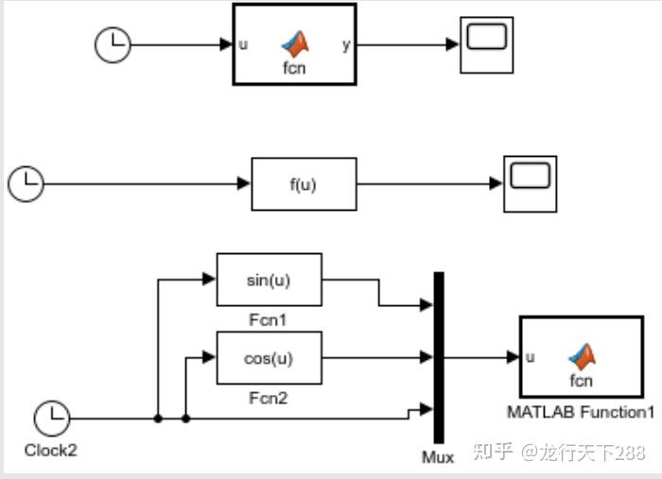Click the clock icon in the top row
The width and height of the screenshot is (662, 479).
[113, 44]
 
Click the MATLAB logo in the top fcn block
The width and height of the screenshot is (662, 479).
[296, 43]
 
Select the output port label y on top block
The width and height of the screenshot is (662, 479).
[344, 44]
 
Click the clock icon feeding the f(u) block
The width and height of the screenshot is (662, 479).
[26, 183]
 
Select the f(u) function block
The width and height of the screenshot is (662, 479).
[304, 184]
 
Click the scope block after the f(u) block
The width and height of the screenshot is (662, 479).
[530, 184]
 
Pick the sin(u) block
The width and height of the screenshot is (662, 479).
[270, 280]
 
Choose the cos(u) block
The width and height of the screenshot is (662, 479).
[270, 358]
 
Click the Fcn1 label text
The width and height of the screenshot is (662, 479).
[269, 320]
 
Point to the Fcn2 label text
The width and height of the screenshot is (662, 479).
[269, 398]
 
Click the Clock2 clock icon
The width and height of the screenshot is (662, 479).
[51, 418]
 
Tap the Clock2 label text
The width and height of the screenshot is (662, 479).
[51, 451]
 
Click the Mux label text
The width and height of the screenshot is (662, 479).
[438, 457]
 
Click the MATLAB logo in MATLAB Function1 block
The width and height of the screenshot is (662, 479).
[582, 356]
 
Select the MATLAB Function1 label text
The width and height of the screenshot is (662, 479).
[581, 413]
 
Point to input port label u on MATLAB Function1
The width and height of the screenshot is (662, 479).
[530, 357]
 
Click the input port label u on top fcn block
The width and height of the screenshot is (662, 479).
[243, 44]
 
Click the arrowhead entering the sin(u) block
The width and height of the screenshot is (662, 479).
[210, 280]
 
